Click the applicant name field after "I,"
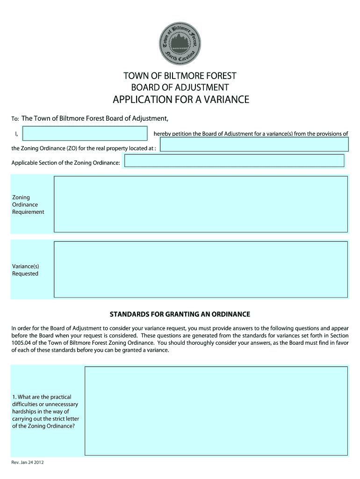(x=85, y=134)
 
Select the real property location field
(x=254, y=145)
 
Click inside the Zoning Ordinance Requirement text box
(x=201, y=204)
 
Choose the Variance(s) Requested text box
(x=201, y=269)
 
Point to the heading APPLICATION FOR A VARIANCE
(x=180, y=100)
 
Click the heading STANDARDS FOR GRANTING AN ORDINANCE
(x=180, y=314)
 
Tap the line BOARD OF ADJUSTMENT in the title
(x=180, y=87)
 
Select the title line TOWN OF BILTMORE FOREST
(x=180, y=76)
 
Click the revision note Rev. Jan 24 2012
(x=28, y=463)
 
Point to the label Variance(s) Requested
(x=25, y=270)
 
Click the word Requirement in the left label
(x=28, y=212)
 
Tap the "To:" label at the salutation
(x=15, y=119)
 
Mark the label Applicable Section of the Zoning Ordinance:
(x=66, y=163)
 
